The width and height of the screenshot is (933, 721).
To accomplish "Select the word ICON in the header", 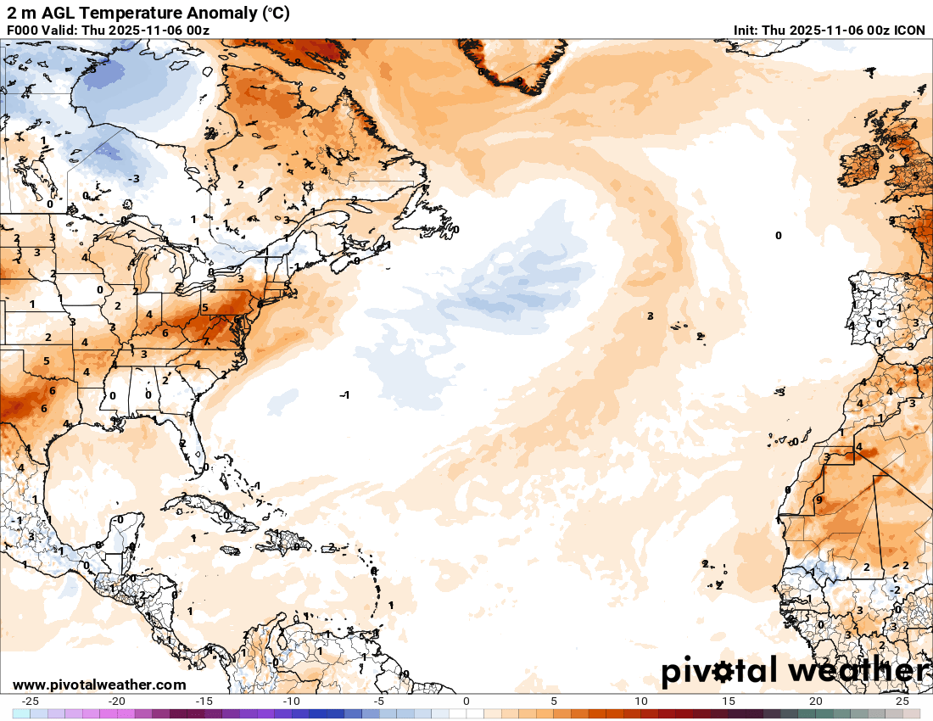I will (x=909, y=31).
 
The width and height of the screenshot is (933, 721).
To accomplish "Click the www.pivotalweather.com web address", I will (x=99, y=685).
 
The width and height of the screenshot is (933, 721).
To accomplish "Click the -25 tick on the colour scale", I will (x=30, y=701).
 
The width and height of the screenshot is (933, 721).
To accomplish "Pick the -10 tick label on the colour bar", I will (x=291, y=701).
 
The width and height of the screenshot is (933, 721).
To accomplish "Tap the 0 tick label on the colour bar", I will (x=466, y=701).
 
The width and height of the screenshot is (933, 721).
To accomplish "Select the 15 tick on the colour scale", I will (x=728, y=701).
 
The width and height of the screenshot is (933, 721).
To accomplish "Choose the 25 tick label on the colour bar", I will (x=902, y=701).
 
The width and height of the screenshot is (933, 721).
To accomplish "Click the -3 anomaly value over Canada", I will (x=133, y=178).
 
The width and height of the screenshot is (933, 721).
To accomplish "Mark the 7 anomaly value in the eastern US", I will (x=206, y=341).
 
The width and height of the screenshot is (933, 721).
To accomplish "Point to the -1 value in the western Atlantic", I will (x=344, y=395).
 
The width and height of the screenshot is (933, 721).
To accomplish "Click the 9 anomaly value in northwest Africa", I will (x=818, y=500).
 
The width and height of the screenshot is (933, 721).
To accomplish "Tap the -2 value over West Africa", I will (x=895, y=590).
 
